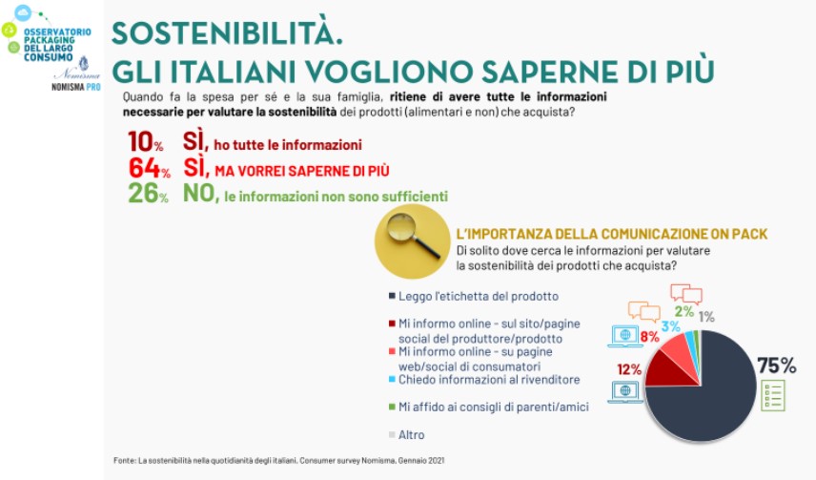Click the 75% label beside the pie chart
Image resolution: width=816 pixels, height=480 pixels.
point(777,365)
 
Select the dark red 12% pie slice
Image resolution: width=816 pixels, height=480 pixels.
point(669,371)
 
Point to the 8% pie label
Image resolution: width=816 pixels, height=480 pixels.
point(649,337)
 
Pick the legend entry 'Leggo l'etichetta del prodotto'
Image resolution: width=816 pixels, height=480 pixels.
point(474,296)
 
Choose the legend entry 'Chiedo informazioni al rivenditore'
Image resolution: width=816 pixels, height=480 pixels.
point(484,380)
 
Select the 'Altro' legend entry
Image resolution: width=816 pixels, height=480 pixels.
point(407,434)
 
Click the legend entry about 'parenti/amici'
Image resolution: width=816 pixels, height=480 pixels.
point(489,407)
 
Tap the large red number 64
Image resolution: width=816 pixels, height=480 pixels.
point(144,168)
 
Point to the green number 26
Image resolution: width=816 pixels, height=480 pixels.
point(143,194)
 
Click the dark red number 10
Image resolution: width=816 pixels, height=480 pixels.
point(140,142)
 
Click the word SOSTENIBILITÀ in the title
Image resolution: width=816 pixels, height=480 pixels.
point(227,32)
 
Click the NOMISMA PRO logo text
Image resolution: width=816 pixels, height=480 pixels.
point(76,87)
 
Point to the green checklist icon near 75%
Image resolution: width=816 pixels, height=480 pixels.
point(773,396)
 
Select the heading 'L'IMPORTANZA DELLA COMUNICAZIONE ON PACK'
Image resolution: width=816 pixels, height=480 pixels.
point(612,234)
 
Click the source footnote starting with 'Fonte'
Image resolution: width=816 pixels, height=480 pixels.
point(279,461)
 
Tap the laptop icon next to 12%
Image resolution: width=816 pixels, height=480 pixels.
point(625,392)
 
